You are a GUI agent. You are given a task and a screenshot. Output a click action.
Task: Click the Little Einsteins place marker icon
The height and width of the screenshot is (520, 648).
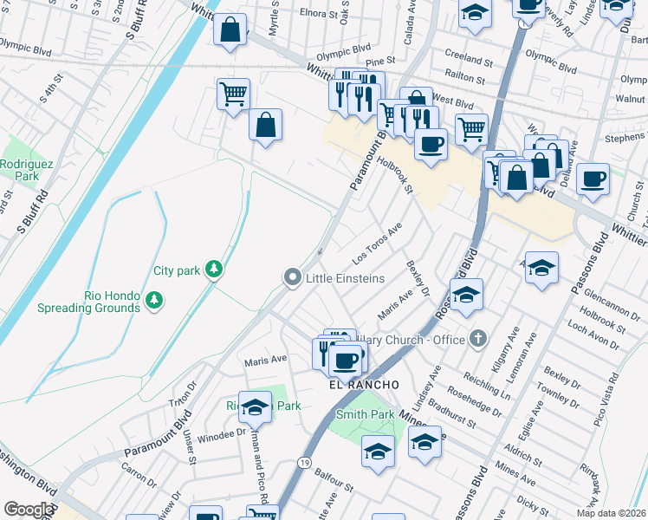coord(293,277)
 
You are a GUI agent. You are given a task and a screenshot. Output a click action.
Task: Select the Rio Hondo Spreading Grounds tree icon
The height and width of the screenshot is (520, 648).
coord(154,300)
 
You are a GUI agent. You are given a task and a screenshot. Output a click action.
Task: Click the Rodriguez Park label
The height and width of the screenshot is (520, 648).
coord(19,169)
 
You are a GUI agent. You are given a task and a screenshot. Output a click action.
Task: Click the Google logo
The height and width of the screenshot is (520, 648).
coord(28,510)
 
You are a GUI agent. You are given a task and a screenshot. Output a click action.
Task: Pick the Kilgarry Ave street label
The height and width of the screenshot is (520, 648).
coord(504,349)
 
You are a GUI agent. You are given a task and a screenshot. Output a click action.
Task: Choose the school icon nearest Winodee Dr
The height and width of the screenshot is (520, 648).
coord(255,406)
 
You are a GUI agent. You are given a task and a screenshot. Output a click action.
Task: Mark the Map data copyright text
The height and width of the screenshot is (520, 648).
coord(610,512)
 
